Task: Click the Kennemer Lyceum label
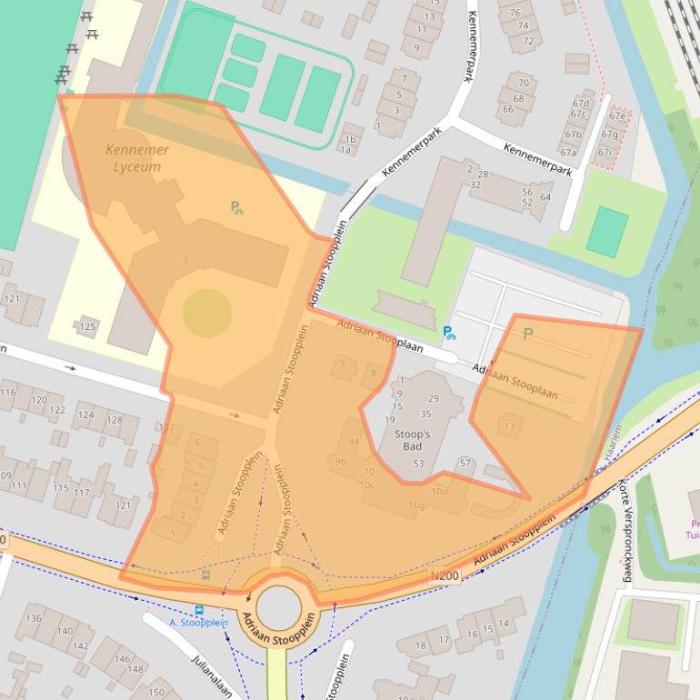(x=137, y=158)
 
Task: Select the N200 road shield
(x=445, y=575)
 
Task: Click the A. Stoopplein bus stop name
(x=197, y=623)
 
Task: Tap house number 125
(x=87, y=326)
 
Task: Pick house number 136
(x=34, y=619)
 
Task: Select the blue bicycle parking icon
(x=449, y=333)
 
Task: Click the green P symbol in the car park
(x=527, y=334)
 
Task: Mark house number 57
(x=465, y=464)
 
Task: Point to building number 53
(x=418, y=464)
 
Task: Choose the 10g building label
(x=416, y=505)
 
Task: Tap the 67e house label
(x=619, y=116)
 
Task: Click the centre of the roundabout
(x=277, y=606)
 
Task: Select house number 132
(x=166, y=427)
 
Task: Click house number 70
(x=522, y=84)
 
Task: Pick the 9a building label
(x=354, y=442)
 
